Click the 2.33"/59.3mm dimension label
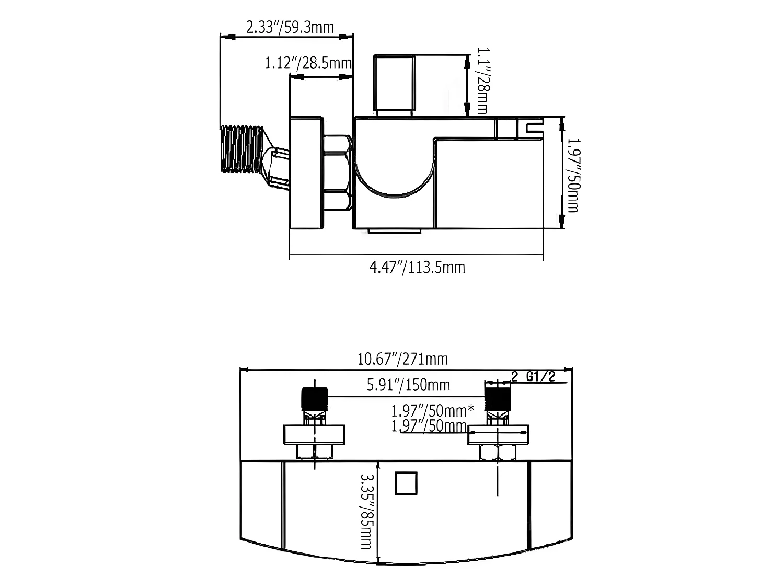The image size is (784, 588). (290, 28)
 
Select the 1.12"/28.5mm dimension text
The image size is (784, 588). (308, 63)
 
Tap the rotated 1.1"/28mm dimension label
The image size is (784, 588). (482, 80)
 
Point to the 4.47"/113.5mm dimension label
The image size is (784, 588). (417, 268)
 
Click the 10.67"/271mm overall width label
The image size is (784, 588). (402, 359)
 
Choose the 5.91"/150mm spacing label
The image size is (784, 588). (408, 385)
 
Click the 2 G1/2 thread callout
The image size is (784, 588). (533, 376)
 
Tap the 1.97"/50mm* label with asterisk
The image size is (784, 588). (433, 411)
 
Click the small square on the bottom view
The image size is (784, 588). (406, 483)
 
